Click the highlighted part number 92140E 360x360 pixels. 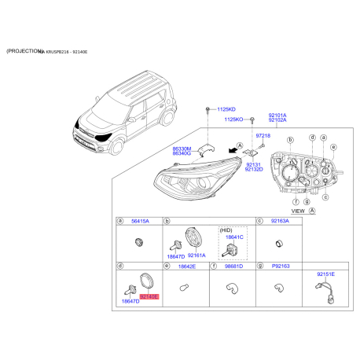[149, 296]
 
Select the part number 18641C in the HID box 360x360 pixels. [235, 237]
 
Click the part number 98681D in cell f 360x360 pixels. [233, 267]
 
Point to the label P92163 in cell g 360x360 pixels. [280, 267]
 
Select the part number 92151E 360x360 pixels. [325, 274]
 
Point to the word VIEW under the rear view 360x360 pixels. [298, 211]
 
